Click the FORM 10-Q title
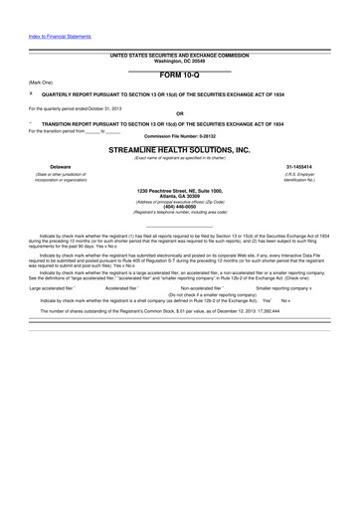(x=180, y=76)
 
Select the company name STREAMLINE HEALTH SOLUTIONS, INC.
(x=180, y=148)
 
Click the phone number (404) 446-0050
(x=180, y=208)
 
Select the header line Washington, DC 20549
(x=180, y=62)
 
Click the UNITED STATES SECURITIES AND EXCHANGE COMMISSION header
(x=180, y=56)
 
